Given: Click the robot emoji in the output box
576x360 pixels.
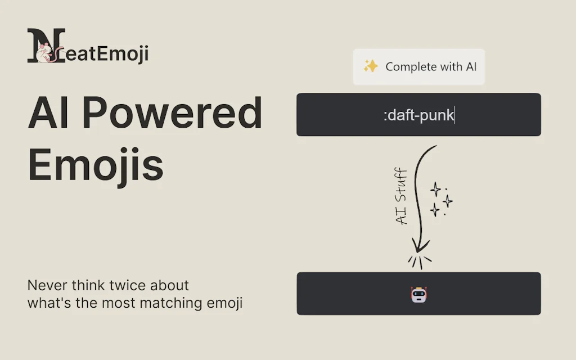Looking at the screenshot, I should tap(419, 294).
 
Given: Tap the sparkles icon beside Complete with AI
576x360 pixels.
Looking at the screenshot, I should tap(370, 66).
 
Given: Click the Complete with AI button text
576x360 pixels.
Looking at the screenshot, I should tap(431, 66).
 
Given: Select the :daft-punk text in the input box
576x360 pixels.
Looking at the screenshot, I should tap(419, 116).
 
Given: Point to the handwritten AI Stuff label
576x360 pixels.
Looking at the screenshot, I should tap(401, 196).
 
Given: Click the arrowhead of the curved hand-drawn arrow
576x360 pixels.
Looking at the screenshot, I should tap(419, 246).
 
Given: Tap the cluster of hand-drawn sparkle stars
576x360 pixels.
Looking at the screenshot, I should tap(440, 199).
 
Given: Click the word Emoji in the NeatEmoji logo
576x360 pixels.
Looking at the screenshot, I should tap(127, 55).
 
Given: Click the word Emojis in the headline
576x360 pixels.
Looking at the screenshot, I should tap(96, 164).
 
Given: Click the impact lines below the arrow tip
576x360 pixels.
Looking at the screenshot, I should tap(419, 262).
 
